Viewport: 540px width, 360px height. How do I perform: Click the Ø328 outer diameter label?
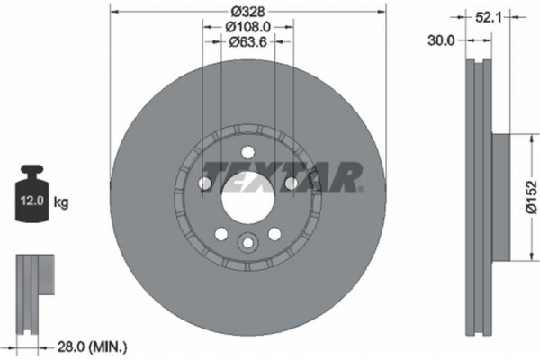pos(247,12)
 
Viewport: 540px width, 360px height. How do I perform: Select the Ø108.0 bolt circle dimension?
pos(247,27)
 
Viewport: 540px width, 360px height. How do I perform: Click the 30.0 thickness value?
pos(442,40)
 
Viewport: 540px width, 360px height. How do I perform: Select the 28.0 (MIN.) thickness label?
pos(94,346)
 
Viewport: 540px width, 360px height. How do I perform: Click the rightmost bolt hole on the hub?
pos(290,184)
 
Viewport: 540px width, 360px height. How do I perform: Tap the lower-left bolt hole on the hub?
pos(221,234)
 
